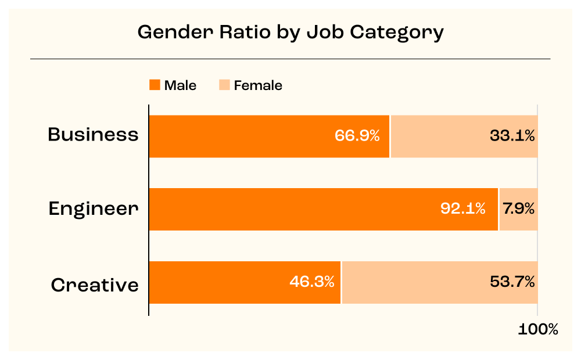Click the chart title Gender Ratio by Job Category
click(x=290, y=32)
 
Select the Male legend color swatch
click(x=155, y=85)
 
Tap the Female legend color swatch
click(x=224, y=85)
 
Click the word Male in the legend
click(x=180, y=85)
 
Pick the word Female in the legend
click(x=258, y=85)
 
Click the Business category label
click(x=93, y=135)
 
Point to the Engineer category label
click(x=94, y=208)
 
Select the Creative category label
click(x=95, y=285)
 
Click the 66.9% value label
click(x=357, y=136)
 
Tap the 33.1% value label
click(x=511, y=136)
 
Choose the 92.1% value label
click(x=462, y=209)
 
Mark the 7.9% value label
click(x=519, y=209)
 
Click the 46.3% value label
click(x=312, y=282)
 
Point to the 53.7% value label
click(x=512, y=282)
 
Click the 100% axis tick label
click(x=538, y=330)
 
